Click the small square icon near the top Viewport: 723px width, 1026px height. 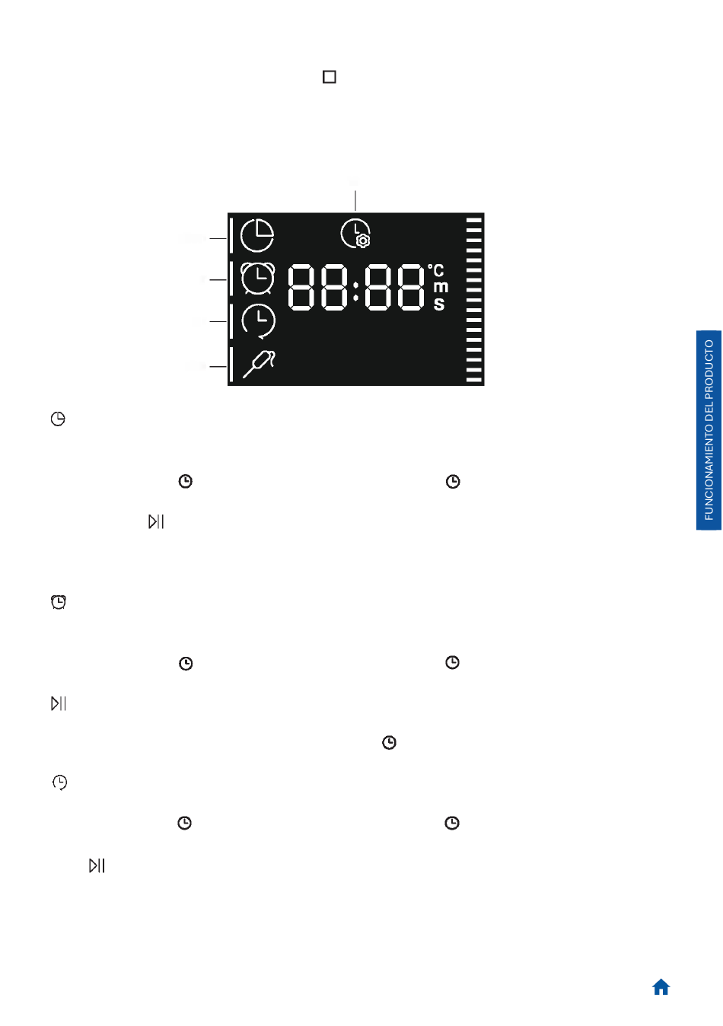[330, 77]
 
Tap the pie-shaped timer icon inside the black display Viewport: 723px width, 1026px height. [257, 235]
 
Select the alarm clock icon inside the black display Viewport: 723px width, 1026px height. [258, 279]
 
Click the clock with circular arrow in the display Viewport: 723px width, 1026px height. [259, 320]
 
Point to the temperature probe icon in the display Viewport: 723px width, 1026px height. [259, 364]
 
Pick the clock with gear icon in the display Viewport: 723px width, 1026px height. [355, 233]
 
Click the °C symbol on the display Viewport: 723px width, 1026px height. [436, 270]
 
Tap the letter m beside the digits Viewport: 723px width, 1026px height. [441, 287]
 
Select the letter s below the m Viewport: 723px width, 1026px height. [439, 304]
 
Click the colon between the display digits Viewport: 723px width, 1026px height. [355, 288]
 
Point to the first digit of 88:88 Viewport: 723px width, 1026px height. [301, 287]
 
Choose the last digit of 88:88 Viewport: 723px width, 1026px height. [410, 287]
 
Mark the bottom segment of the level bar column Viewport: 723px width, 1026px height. [474, 378]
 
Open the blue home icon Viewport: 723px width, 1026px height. [661, 987]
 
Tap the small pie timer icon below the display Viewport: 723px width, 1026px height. [58, 419]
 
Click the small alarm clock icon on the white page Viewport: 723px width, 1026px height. [59, 602]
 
